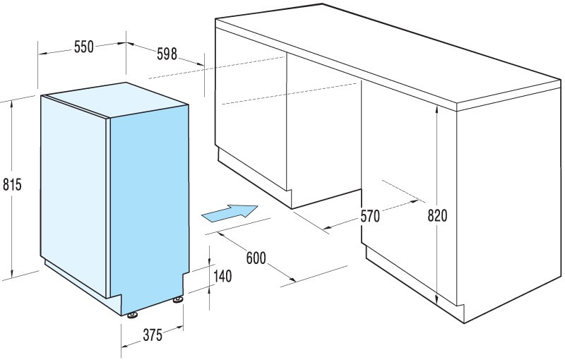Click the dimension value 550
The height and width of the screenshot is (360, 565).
click(84, 47)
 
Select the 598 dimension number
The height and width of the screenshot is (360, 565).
click(167, 54)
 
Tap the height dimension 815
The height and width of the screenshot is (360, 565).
click(12, 184)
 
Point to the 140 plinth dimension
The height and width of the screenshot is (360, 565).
click(222, 276)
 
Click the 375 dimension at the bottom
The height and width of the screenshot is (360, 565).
click(153, 335)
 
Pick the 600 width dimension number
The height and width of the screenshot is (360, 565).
click(256, 258)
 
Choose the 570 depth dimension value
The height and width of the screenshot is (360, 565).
click(370, 216)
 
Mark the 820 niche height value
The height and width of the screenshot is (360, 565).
click(437, 215)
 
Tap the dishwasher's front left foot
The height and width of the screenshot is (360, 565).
click(132, 315)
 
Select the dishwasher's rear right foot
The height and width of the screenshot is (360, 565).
click(178, 299)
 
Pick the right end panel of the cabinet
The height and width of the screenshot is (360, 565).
click(508, 205)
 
